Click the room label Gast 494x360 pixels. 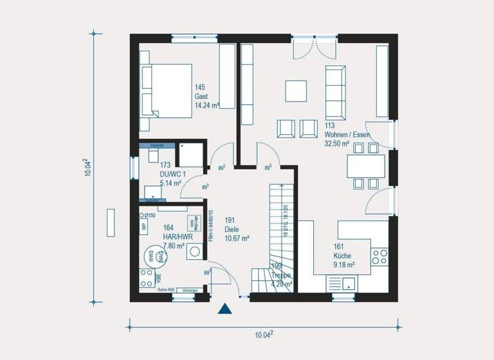pos(201,96)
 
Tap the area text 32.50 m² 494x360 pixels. pos(337,144)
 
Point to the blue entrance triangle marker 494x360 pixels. pos(224,309)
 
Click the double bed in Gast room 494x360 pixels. pos(166,90)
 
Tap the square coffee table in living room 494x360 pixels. pos(297,91)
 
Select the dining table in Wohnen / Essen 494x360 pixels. pos(366,166)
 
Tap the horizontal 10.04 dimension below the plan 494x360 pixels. pos(263,334)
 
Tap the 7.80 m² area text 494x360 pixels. pos(174,246)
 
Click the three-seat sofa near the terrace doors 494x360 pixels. pos(334,85)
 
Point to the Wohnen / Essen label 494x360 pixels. pos(347,135)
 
